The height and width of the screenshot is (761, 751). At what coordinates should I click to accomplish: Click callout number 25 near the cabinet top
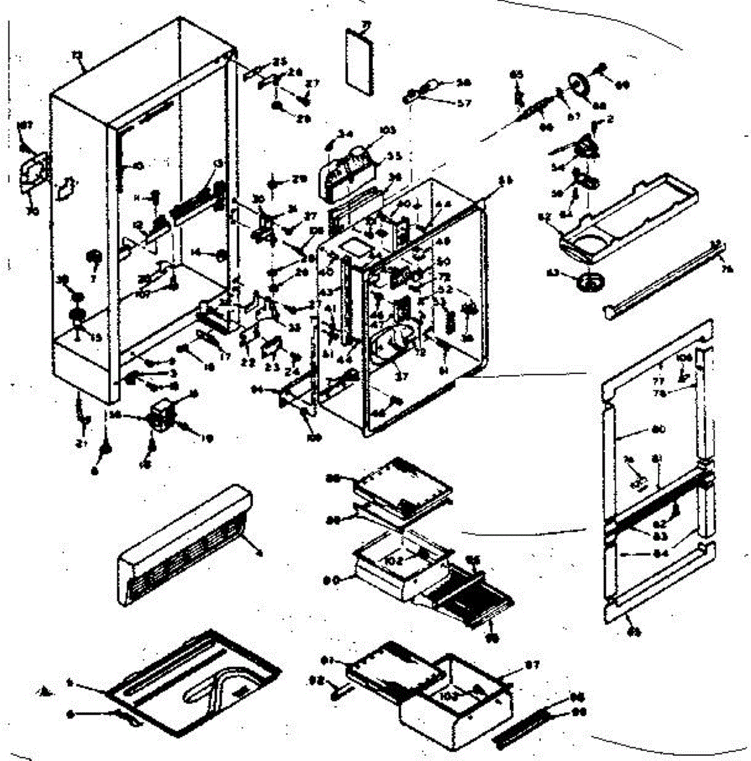[x=280, y=62]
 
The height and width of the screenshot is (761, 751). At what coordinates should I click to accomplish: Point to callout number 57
[x=464, y=102]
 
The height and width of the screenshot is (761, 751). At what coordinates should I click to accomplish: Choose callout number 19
[x=207, y=438]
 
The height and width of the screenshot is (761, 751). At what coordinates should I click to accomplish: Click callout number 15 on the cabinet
[x=95, y=338]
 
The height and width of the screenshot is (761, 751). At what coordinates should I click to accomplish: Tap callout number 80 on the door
[x=658, y=429]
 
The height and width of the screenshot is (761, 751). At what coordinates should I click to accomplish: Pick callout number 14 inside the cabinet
[x=195, y=252]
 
